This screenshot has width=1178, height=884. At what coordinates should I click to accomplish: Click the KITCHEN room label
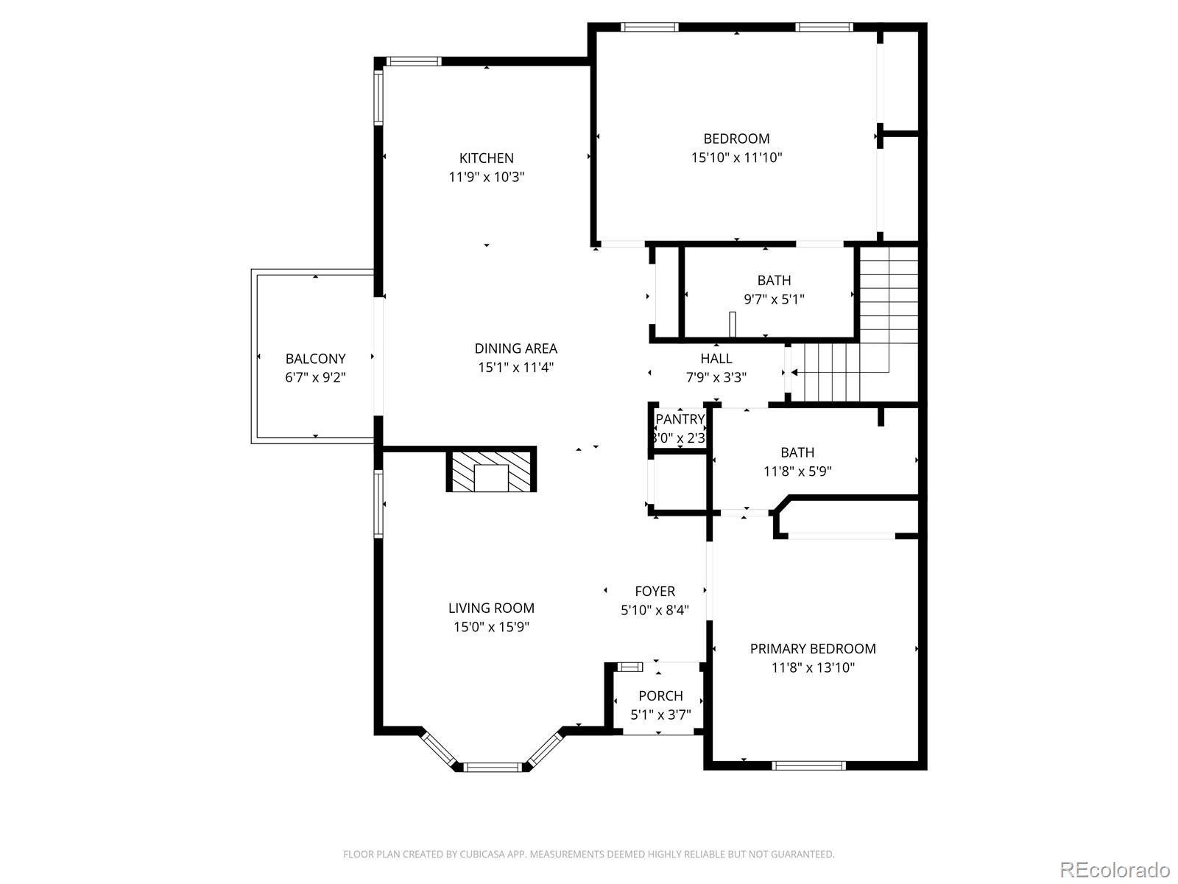pos(486,158)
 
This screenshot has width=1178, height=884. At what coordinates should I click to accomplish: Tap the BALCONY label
pos(315,359)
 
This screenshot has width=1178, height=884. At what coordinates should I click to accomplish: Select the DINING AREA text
pos(516,348)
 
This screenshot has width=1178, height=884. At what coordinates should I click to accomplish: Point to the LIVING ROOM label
pos(491,608)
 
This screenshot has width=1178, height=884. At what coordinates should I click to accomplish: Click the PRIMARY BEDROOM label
pos(813,649)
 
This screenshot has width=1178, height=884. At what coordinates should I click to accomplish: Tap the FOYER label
pos(655,592)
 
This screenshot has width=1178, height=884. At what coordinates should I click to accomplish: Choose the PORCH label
pos(660,696)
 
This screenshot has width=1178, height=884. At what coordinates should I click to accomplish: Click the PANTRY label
pos(680,419)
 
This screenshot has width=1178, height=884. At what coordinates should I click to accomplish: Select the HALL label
pos(716,359)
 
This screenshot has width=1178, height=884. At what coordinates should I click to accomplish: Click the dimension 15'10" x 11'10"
pos(736,158)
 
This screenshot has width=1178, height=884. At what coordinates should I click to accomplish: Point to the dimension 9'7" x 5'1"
pos(774,300)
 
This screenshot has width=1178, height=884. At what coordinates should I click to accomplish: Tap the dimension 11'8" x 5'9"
pos(797,471)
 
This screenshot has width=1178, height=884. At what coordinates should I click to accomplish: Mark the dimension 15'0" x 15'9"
pos(491,627)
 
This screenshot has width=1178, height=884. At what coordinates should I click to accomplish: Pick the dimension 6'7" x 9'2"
pos(315,377)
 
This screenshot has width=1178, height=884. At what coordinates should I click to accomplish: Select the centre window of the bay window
pos(492,767)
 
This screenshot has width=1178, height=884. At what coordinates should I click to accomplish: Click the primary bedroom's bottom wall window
pos(808,765)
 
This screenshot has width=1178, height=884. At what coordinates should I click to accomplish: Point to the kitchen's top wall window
pos(414,61)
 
